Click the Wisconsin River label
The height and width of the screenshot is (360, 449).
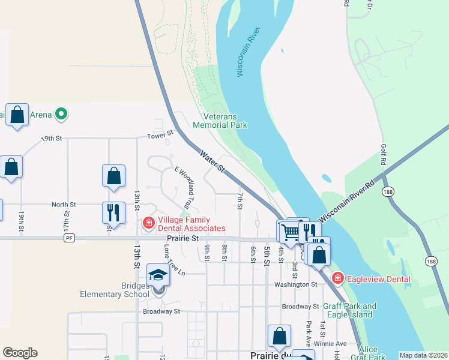[x=248, y=52]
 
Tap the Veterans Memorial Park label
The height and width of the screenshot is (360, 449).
[x=220, y=121]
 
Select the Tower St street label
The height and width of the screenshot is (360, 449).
[x=161, y=134]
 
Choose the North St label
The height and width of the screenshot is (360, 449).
[x=64, y=204]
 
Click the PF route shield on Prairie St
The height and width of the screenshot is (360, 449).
[x=69, y=238]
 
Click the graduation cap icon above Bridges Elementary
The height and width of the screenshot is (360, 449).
[x=158, y=275]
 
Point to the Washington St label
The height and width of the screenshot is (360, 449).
[x=296, y=284]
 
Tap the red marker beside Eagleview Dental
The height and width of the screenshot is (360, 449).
[x=338, y=278]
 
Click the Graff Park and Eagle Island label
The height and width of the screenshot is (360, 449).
[x=350, y=310]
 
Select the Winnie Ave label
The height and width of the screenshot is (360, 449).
[x=333, y=343]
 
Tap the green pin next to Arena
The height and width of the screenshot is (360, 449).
[x=60, y=113]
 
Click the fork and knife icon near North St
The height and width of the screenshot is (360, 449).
[x=113, y=212]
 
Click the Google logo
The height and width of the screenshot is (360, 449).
[x=20, y=353]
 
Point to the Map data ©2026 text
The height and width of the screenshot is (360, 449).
[x=423, y=355]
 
